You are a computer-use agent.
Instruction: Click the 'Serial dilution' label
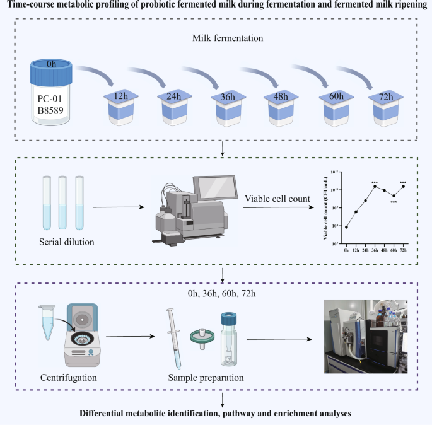(x=61, y=240)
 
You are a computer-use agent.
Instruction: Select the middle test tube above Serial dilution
(x=62, y=202)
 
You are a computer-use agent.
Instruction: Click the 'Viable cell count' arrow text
(x=277, y=199)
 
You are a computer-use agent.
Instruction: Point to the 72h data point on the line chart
(x=403, y=186)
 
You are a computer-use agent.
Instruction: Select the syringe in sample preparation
(x=175, y=337)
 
